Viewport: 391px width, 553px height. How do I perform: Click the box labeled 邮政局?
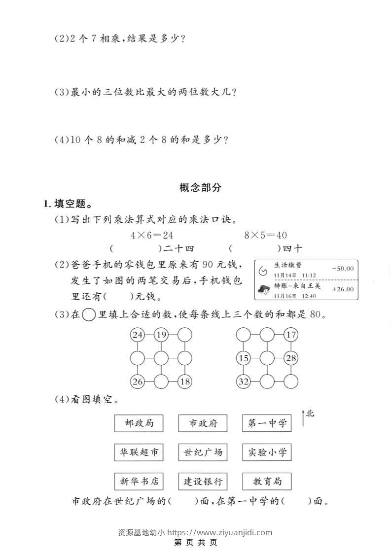pyautogui.click(x=139, y=423)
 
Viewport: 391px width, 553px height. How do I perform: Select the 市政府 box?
pyautogui.click(x=203, y=423)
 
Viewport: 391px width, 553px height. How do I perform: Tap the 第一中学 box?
pyautogui.click(x=267, y=423)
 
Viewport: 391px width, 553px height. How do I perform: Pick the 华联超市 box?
pyautogui.click(x=139, y=452)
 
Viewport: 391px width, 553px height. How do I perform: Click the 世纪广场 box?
pyautogui.click(x=203, y=452)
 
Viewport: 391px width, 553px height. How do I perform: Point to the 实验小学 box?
pyautogui.click(x=267, y=452)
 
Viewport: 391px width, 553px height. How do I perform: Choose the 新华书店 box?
pyautogui.click(x=139, y=482)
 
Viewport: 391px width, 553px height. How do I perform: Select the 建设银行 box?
pyautogui.click(x=203, y=482)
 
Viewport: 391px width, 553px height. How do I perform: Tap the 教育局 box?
pyautogui.click(x=267, y=482)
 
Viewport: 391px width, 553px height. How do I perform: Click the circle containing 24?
pyautogui.click(x=137, y=335)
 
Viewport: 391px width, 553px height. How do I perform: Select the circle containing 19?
pyautogui.click(x=161, y=335)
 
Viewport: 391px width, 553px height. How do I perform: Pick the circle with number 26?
pyautogui.click(x=137, y=381)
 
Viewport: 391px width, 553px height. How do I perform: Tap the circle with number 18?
pyautogui.click(x=184, y=381)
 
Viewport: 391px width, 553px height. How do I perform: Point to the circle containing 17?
pyautogui.click(x=291, y=335)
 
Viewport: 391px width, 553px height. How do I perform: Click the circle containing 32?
pyautogui.click(x=243, y=381)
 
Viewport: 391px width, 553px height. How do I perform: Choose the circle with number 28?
pyautogui.click(x=291, y=358)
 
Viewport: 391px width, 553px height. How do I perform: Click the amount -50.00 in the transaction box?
pyautogui.click(x=343, y=269)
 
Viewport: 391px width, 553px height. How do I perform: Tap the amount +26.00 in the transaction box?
pyautogui.click(x=343, y=289)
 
